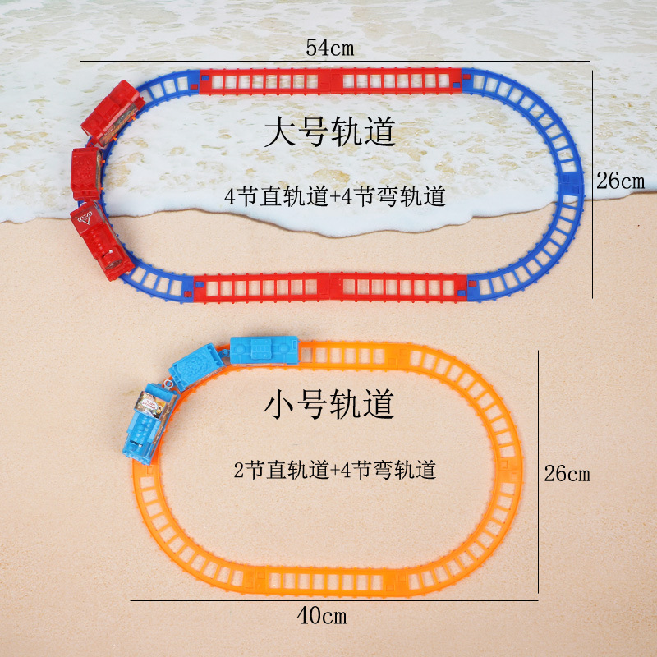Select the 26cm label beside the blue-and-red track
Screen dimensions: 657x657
pos(621,181)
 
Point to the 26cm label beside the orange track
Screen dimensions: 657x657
pos(567,474)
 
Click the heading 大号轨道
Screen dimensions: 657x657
pos(329,132)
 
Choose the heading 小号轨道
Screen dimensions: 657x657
pos(329,403)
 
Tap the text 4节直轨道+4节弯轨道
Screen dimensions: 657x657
pos(335,197)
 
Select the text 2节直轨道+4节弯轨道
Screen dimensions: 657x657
pos(333,471)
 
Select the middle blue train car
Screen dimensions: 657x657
pos(195,367)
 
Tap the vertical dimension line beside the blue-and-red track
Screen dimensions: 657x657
pos(593,182)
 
